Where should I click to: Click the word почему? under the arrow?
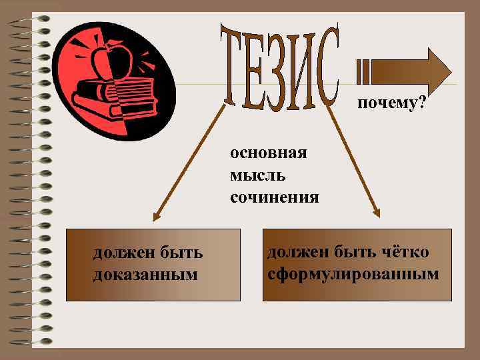tap(392, 103)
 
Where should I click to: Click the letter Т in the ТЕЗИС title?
tap(235, 67)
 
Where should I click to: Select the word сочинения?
tap(275, 197)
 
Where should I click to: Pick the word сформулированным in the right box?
tap(353, 274)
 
